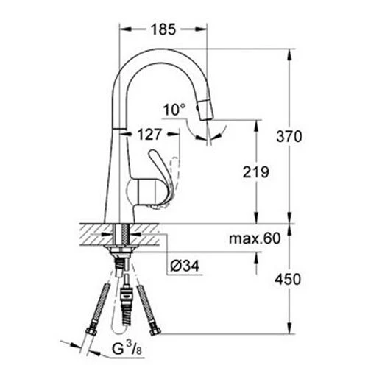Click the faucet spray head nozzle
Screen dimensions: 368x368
pyautogui.click(x=208, y=111)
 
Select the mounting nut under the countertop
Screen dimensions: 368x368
pyautogui.click(x=121, y=253)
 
